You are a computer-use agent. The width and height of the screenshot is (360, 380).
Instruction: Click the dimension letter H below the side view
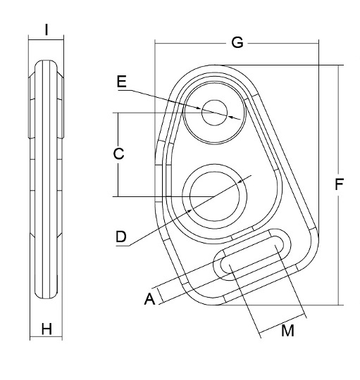46,328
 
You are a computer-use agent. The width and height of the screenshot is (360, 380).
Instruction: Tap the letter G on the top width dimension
237,43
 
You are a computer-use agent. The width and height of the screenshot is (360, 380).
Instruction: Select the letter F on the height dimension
340,186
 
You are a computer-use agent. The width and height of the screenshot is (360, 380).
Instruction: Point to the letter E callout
122,82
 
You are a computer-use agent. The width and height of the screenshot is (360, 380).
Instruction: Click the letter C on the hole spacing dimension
119,153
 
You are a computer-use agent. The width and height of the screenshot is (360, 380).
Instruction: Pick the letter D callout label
121,237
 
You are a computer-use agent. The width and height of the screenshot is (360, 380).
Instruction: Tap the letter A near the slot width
149,299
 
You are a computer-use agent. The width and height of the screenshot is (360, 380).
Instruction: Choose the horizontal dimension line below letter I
46,41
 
